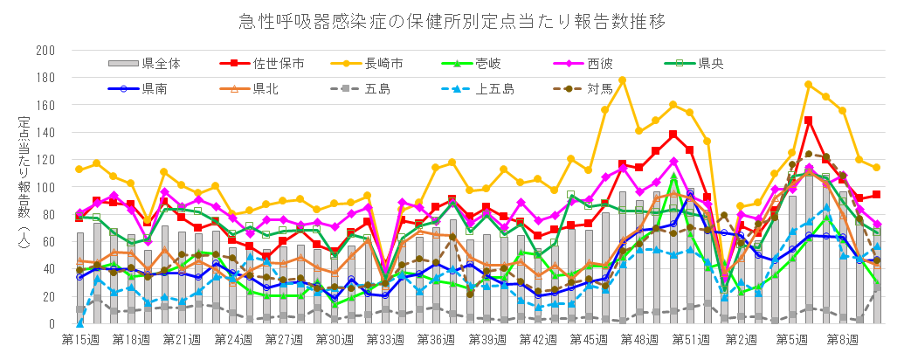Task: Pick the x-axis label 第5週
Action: coord(791,339)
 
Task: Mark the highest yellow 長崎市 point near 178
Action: coord(622,80)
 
